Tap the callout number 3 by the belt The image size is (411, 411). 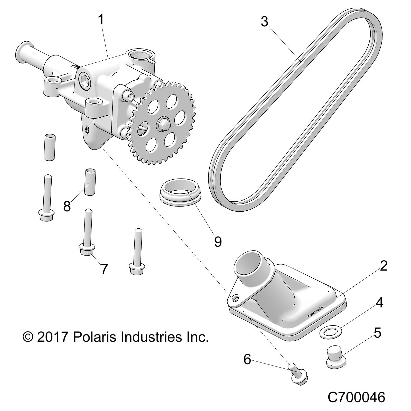264,22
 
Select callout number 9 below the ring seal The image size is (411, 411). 218,241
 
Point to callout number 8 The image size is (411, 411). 67,206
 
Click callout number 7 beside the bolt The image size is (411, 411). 104,269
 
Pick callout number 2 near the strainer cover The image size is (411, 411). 383,266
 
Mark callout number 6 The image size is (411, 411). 247,359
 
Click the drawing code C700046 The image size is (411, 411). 356,397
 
